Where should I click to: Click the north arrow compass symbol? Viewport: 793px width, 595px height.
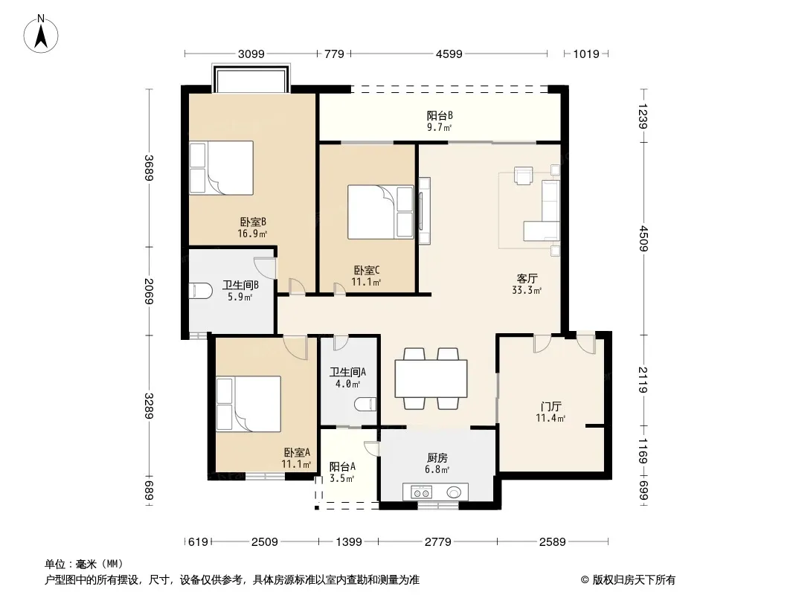(x=41, y=34)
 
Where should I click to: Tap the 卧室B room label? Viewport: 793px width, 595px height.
(x=253, y=222)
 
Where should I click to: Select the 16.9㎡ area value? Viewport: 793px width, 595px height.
(x=252, y=234)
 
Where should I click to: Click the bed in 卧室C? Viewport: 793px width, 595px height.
(x=380, y=212)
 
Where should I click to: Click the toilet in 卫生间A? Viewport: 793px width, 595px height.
(x=365, y=405)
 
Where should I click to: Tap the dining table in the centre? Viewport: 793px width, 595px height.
(x=431, y=378)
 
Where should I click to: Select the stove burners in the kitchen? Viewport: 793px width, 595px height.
(x=421, y=492)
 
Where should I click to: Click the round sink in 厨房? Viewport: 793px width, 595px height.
(x=453, y=492)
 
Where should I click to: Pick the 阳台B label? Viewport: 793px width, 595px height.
(x=440, y=116)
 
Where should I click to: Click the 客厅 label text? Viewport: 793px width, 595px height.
(x=527, y=279)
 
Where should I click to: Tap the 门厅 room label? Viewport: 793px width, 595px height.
(x=550, y=406)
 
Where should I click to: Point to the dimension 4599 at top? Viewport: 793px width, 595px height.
(x=449, y=54)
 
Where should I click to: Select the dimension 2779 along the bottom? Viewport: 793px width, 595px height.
(x=438, y=542)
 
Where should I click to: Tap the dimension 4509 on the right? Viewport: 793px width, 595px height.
(x=643, y=238)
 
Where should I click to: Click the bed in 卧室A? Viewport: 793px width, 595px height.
(x=248, y=404)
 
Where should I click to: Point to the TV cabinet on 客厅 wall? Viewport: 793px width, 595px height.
(x=424, y=210)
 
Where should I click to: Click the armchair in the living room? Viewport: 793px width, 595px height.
(x=524, y=176)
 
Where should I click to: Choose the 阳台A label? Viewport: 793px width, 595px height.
(x=342, y=466)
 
